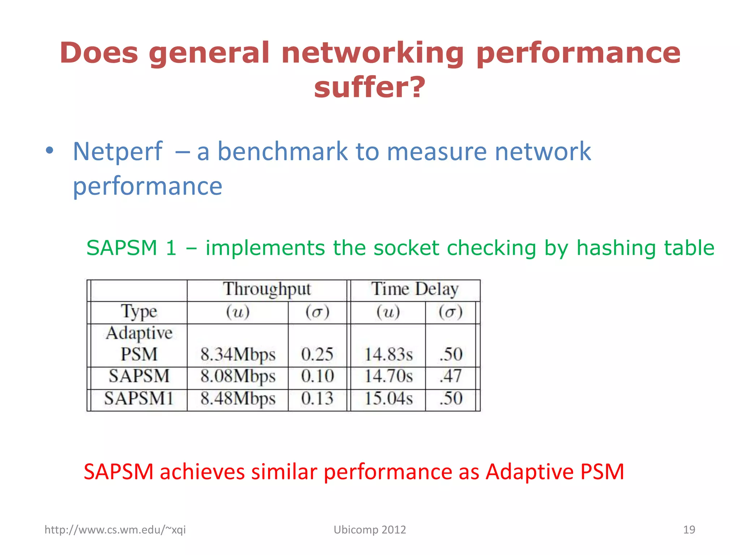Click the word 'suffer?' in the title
[370, 87]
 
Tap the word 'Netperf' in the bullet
[118, 151]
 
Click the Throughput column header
[267, 289]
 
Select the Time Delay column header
[415, 289]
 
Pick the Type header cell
[139, 311]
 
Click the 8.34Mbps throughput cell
[238, 354]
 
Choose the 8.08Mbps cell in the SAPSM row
[238, 376]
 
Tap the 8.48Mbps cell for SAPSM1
[238, 399]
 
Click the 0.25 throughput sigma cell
[317, 354]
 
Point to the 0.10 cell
[317, 376]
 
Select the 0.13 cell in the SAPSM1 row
[317, 399]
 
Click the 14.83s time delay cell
[388, 354]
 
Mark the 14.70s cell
[388, 376]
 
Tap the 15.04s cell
[388, 399]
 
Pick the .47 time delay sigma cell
[451, 376]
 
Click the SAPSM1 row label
[139, 399]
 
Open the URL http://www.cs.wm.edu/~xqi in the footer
[115, 530]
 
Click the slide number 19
[689, 530]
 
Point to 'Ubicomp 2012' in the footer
[370, 530]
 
